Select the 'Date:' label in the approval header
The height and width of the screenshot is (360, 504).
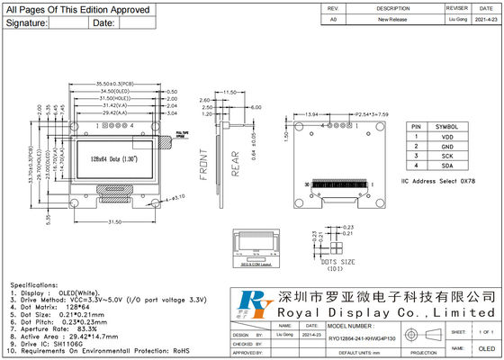104,22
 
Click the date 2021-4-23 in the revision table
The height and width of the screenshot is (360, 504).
484,18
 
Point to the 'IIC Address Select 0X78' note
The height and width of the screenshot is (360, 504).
438,181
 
